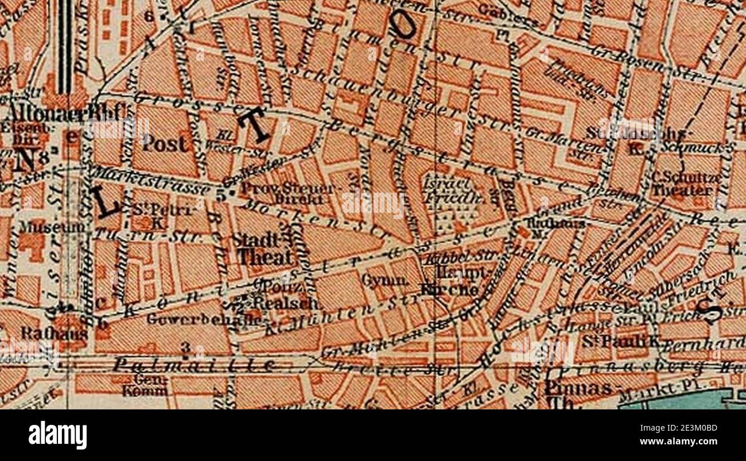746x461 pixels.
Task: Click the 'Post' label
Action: point(165,143)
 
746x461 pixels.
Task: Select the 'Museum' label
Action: point(54,227)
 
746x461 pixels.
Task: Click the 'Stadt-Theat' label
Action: point(265,249)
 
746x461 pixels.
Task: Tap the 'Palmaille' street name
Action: point(193,364)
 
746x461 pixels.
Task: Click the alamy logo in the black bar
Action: point(57,435)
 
